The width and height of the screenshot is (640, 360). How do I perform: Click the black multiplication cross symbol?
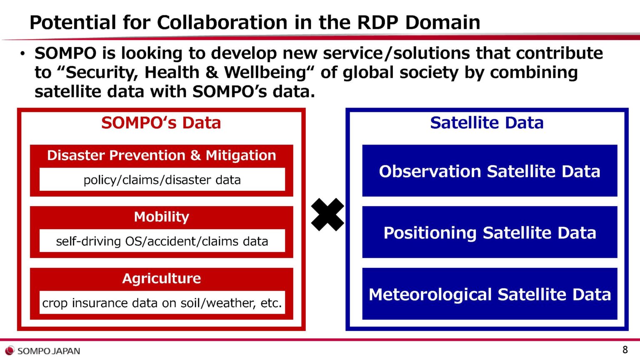coord(327,215)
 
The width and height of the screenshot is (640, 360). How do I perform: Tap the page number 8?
coord(625,350)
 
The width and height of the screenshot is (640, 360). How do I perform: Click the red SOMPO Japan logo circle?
coord(10,350)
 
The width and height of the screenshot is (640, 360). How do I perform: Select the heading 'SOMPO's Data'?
coord(161,123)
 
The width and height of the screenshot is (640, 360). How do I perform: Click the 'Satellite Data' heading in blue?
coord(487,123)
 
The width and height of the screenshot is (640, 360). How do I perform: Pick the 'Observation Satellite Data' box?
coord(490,170)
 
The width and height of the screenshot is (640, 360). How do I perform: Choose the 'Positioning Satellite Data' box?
coord(490,232)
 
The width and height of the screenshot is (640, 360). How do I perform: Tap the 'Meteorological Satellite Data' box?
coord(490,294)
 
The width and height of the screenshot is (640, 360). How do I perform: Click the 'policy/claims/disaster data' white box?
coord(162,180)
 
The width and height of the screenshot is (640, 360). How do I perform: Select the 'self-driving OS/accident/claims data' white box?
coord(162,241)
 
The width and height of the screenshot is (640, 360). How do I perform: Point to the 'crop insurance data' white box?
coord(162,302)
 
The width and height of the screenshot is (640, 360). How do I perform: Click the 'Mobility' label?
coord(161,217)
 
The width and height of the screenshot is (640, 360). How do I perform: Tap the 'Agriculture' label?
coord(161,278)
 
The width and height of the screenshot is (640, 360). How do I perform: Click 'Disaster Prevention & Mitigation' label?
coord(161,155)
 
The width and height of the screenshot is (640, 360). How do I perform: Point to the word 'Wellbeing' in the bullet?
coord(265,72)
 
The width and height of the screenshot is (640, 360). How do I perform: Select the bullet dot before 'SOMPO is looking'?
coord(22,54)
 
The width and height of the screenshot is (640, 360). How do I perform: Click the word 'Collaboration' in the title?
coord(222,22)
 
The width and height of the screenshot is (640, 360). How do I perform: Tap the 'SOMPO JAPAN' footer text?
coord(49,351)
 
